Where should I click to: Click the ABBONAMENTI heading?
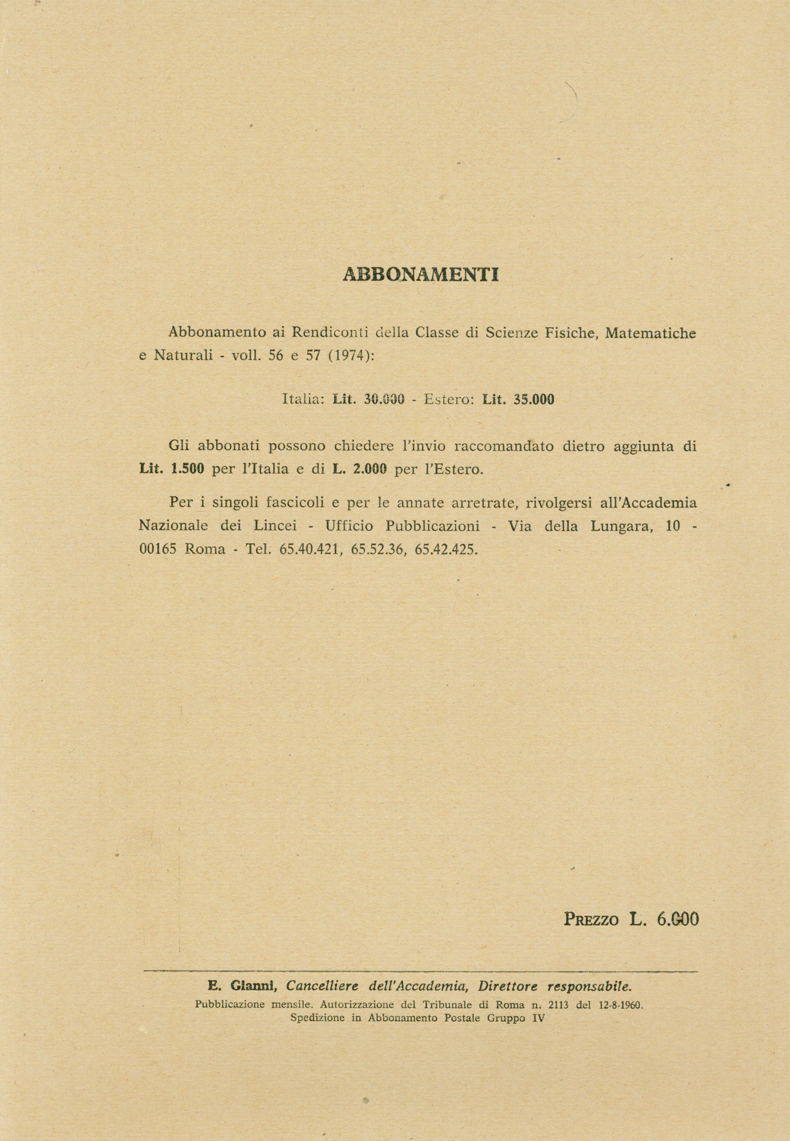[420, 275]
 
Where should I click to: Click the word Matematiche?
[650, 333]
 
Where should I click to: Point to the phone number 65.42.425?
[447, 549]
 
